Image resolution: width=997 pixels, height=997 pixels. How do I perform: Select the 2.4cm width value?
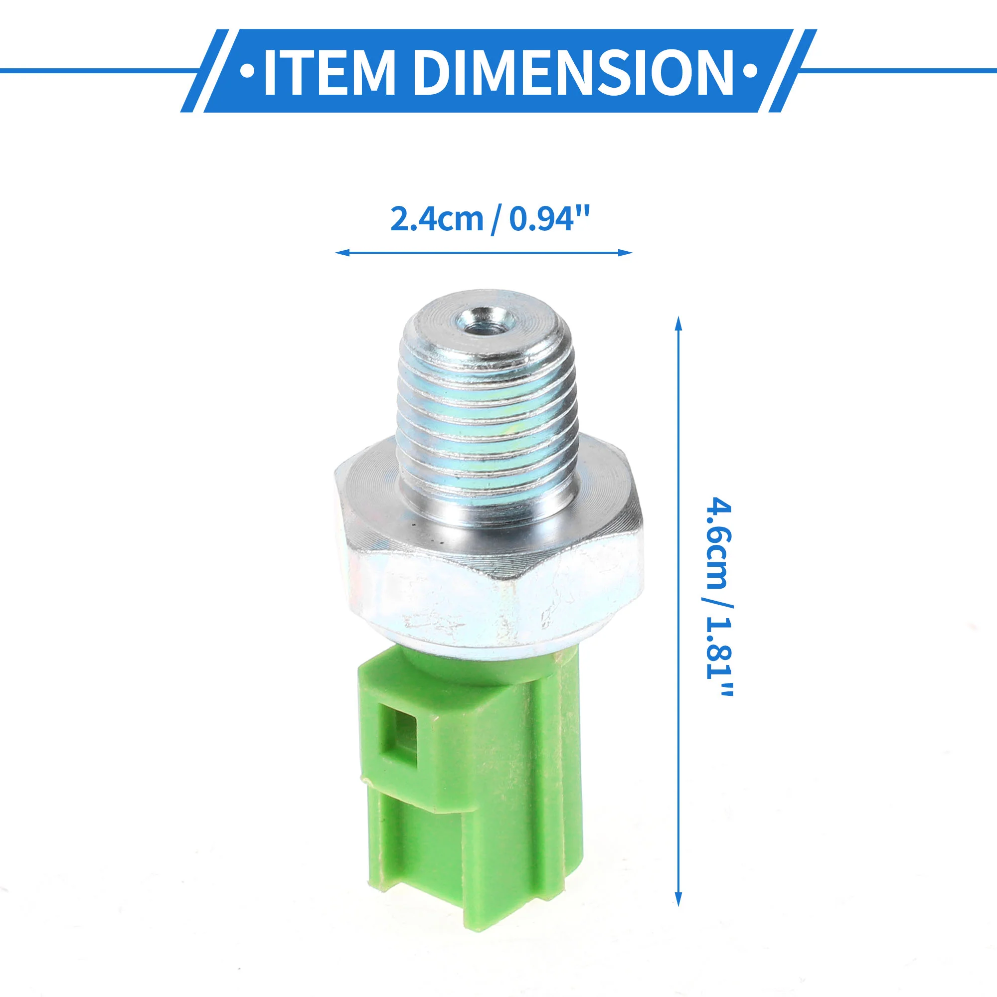tap(437, 219)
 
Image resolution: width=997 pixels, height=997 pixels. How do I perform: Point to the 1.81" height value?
tap(718, 654)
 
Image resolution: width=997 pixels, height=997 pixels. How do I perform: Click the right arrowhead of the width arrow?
tap(625, 253)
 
